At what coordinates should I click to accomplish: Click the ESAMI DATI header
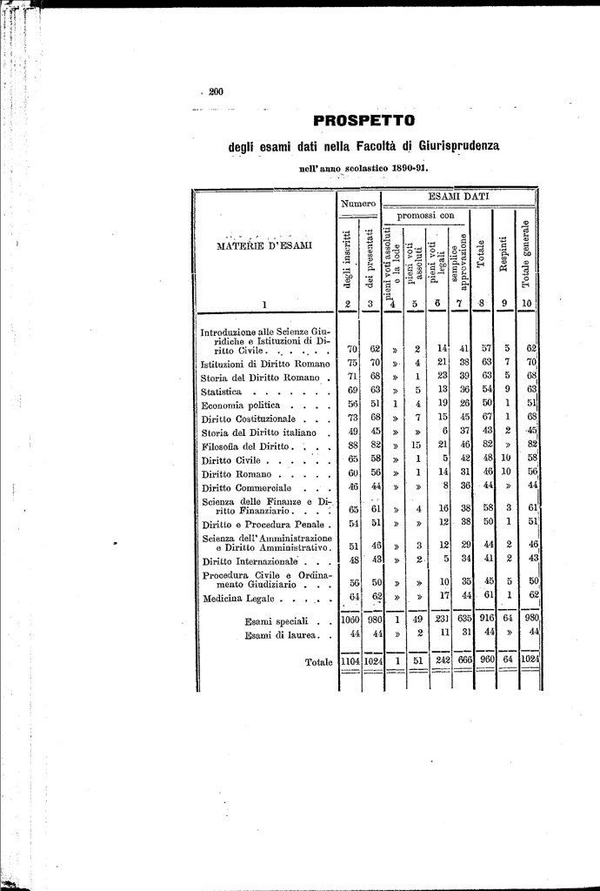click(x=460, y=198)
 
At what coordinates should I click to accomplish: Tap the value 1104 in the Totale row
click(x=350, y=662)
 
